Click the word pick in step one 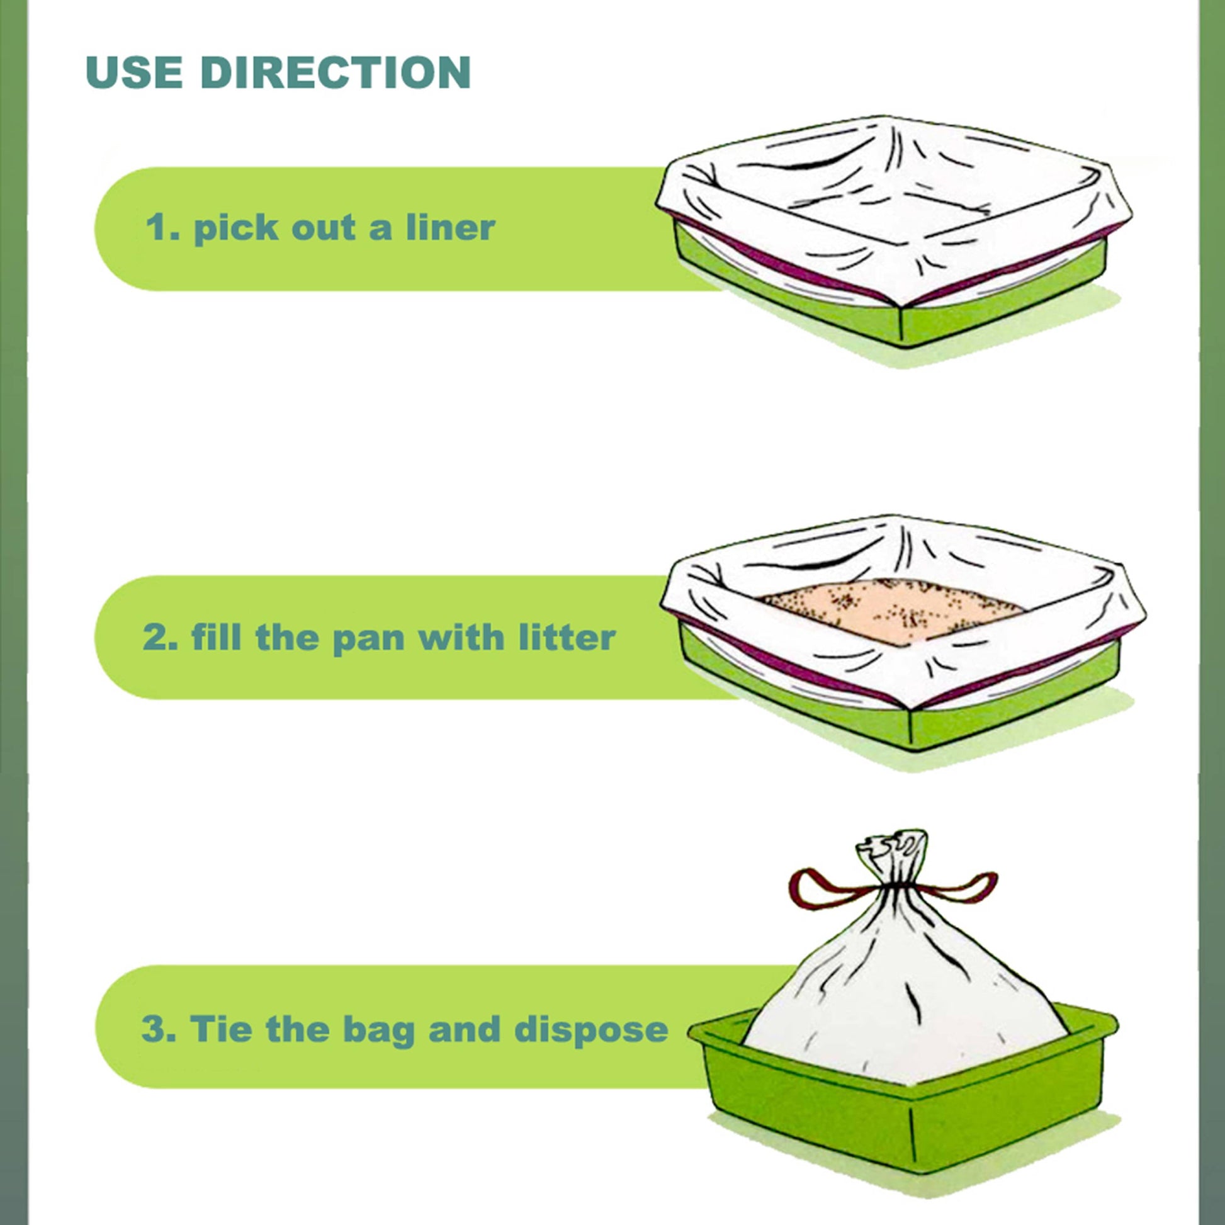point(236,229)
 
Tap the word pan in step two point(368,638)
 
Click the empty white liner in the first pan point(888,203)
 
